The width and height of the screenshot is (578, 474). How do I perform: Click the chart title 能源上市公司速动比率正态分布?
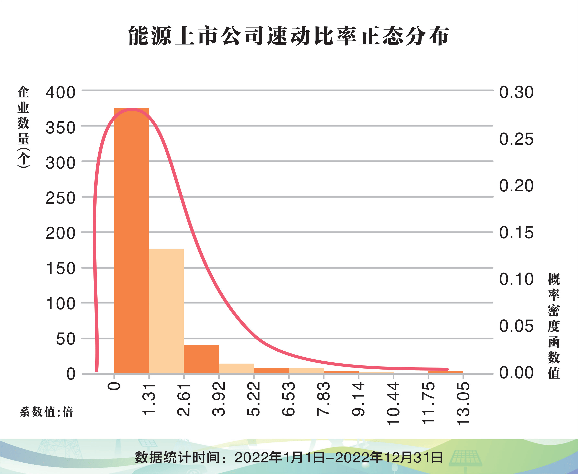click(x=289, y=36)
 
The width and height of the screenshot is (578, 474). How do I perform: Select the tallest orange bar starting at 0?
click(x=131, y=240)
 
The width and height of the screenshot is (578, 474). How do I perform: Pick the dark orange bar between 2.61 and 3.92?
click(x=201, y=359)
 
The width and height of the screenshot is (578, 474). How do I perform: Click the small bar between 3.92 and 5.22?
click(x=236, y=368)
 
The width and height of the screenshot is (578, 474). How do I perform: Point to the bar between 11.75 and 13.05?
click(x=446, y=372)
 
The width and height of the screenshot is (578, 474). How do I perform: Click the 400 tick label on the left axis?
click(x=60, y=93)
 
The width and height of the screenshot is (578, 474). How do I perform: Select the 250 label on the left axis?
click(x=60, y=198)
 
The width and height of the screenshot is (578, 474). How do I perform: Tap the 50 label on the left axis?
click(x=66, y=339)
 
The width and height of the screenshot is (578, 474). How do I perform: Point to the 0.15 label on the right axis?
click(x=516, y=233)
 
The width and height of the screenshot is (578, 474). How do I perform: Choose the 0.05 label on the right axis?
click(x=516, y=326)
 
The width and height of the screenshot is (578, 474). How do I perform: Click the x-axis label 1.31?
click(x=149, y=399)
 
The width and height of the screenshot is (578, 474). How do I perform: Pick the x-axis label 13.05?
click(x=463, y=404)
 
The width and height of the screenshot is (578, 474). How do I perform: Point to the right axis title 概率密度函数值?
click(x=554, y=326)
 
